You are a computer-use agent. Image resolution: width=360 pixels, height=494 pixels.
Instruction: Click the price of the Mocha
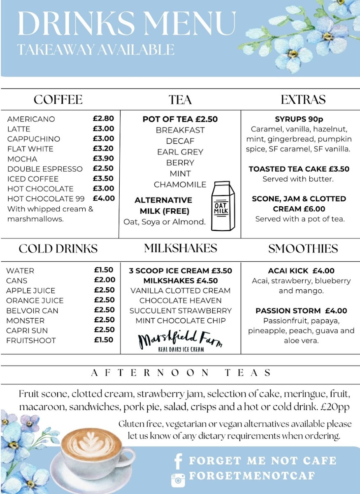[x=103, y=158]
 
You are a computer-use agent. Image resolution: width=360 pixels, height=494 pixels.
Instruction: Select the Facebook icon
[x=178, y=461]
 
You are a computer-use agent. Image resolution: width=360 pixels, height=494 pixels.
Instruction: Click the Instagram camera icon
[x=178, y=478]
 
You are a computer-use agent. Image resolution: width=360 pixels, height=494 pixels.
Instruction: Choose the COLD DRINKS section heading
[x=58, y=249]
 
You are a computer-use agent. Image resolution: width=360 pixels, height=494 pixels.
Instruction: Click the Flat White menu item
[x=30, y=149]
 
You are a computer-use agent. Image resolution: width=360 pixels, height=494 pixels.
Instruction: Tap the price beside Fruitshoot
[x=104, y=340]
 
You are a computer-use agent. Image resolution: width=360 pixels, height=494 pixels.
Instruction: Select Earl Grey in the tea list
[x=180, y=152]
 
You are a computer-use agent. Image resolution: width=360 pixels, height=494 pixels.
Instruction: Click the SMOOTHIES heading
[x=303, y=249]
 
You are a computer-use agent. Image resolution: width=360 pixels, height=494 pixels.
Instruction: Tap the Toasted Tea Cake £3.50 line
[x=299, y=169]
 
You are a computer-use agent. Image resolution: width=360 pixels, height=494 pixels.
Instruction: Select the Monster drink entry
[x=26, y=320]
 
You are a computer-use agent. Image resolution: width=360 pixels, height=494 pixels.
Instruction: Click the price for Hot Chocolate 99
[x=103, y=198]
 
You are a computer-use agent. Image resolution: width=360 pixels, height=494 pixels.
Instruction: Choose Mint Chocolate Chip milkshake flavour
[x=181, y=321]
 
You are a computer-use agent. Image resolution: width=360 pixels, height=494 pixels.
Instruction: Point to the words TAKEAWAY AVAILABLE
[x=96, y=49]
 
